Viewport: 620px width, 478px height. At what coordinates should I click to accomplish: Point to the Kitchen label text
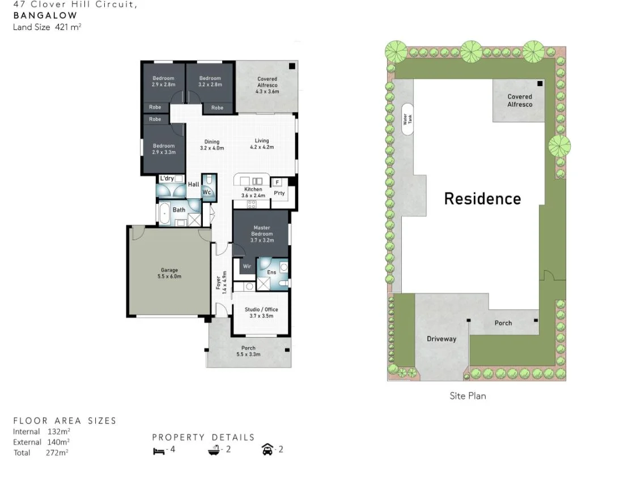253,189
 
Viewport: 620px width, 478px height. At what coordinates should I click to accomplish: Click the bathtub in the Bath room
165,214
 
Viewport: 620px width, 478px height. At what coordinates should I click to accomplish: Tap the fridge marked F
278,182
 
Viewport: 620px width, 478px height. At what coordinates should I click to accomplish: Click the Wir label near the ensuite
247,266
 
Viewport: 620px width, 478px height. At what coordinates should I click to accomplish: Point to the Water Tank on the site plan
407,119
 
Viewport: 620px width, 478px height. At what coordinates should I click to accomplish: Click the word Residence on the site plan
482,199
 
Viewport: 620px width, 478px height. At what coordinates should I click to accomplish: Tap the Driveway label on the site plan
441,339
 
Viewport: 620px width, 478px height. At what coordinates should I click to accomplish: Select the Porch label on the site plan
503,323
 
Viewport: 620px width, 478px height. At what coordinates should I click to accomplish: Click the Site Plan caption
468,396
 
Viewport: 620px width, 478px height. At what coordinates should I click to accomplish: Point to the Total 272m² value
57,453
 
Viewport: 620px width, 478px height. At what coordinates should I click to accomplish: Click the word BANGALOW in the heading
45,15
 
